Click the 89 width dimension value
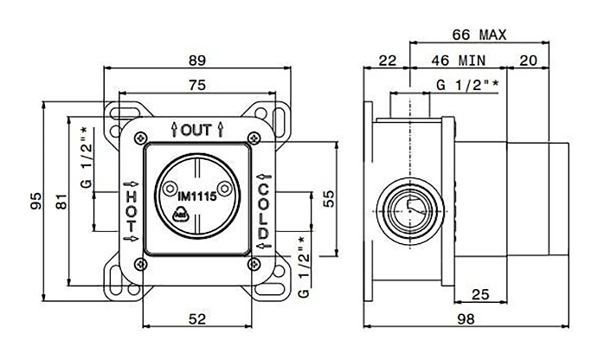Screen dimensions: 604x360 [197, 60]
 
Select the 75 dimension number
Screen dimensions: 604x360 [197, 85]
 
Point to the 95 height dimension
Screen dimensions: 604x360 [35, 201]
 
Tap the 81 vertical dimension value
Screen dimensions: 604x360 [61, 202]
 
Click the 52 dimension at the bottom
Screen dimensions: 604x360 [197, 318]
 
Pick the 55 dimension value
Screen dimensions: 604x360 [329, 199]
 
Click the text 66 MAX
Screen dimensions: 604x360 [479, 35]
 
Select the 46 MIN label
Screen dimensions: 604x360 [459, 61]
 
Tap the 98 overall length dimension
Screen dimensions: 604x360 [466, 318]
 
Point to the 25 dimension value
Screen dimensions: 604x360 [480, 294]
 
